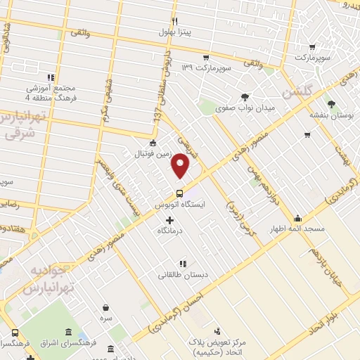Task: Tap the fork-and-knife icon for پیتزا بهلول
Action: point(174,21)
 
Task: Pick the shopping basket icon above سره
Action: point(106,307)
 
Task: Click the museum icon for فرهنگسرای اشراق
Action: point(67,333)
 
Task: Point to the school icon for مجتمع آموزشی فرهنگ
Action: point(50,77)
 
